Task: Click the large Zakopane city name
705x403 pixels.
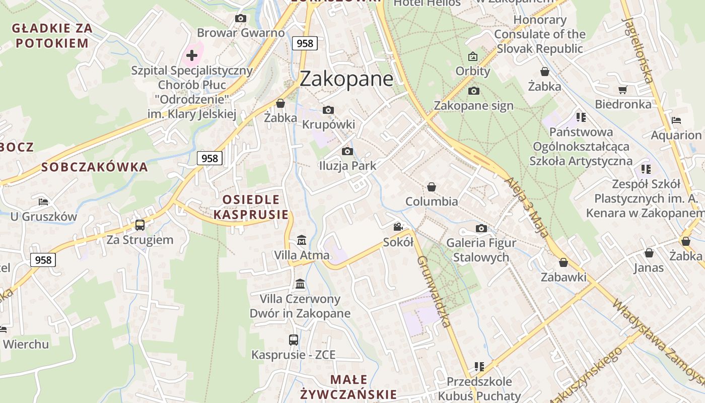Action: (346, 79)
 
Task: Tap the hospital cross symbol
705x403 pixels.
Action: (192, 55)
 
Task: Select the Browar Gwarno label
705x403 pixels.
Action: (241, 33)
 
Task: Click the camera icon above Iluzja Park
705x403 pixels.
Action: (347, 151)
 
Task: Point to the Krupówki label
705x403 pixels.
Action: (328, 124)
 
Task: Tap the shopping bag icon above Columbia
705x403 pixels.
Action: (432, 187)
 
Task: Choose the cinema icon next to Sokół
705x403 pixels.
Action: (398, 227)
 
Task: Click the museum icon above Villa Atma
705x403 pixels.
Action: (301, 240)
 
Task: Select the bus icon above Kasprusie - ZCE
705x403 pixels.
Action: (294, 340)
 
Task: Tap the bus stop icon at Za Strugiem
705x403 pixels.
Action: (140, 225)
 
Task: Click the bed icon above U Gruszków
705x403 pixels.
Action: (43, 202)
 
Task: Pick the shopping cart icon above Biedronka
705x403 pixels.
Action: (623, 90)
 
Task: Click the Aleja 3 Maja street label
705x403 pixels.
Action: (526, 207)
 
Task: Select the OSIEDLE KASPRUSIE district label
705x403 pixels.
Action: (251, 207)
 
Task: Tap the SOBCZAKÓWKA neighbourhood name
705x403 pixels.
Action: (95, 167)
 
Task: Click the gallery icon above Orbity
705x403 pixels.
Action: (472, 56)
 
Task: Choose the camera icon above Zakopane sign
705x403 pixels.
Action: (473, 91)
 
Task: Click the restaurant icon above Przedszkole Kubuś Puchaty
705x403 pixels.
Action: (479, 366)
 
